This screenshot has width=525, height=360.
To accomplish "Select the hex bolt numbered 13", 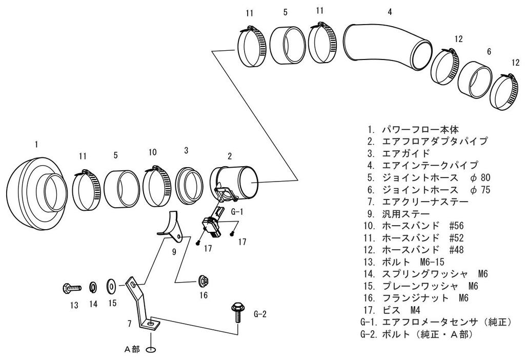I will click(x=71, y=288).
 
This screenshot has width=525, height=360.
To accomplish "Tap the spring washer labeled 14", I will click(x=93, y=286).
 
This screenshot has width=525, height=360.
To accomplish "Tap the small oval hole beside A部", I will click(x=150, y=350).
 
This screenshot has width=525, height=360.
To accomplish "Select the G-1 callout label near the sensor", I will click(x=237, y=210).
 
